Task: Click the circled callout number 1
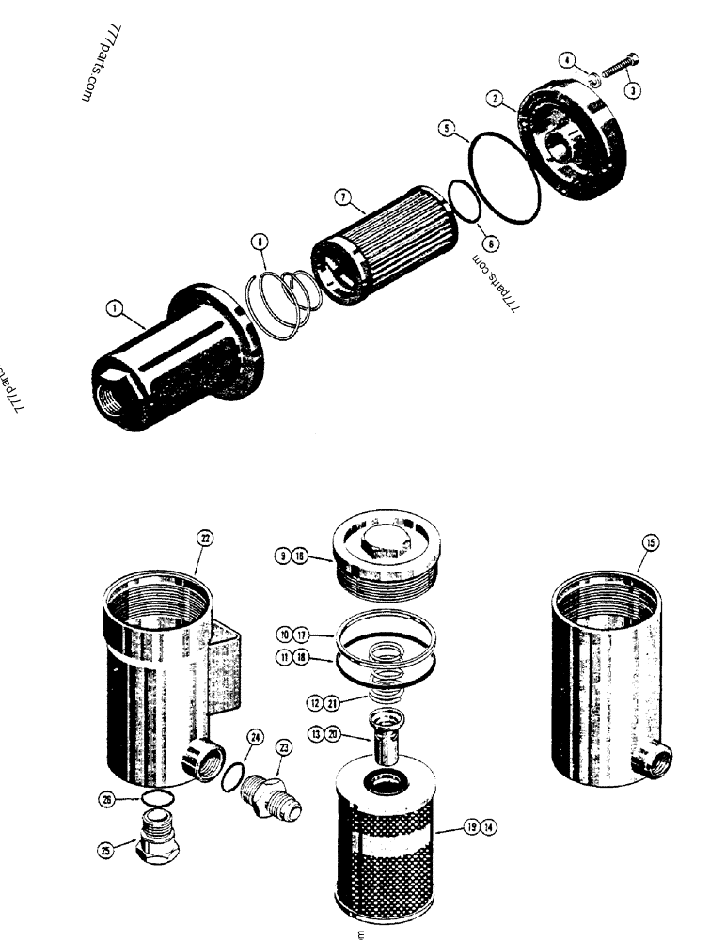pos(113,307)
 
